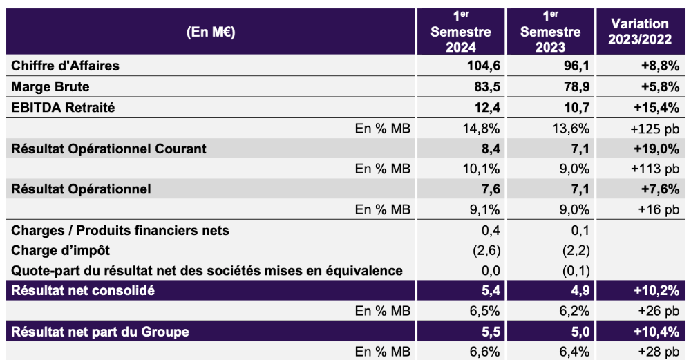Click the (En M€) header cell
[x=211, y=32]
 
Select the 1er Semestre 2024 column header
[x=461, y=32]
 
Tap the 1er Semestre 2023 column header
[x=550, y=32]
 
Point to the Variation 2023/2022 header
[x=640, y=32]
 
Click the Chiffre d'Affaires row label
[x=66, y=66]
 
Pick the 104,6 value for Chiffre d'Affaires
[x=463, y=66]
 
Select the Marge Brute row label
[x=50, y=87]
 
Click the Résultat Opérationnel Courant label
[x=108, y=149]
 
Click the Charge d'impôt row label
[x=61, y=250]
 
